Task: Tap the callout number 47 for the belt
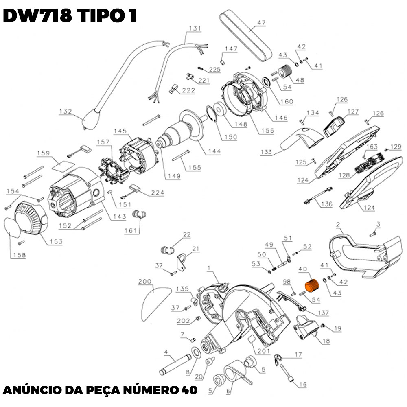tap(261, 22)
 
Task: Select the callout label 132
tap(66, 111)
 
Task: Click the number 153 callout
tap(56, 242)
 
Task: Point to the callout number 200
tap(145, 282)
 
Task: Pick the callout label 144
tap(214, 151)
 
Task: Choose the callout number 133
tap(267, 152)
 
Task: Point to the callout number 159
tap(43, 153)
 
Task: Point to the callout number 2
tap(338, 224)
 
